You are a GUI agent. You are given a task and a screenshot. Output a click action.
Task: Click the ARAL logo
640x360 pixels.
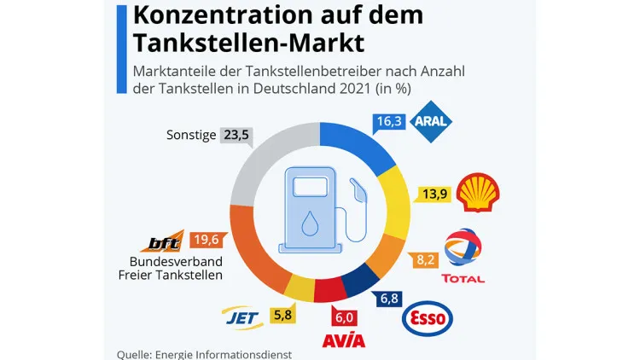coord(430,121)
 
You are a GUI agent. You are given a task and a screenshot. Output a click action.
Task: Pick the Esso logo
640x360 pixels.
coord(427,317)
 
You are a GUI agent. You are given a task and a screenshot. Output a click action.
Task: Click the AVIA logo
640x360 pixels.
coord(344,340)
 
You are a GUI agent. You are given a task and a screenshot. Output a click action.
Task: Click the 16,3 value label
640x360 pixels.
coord(389,122)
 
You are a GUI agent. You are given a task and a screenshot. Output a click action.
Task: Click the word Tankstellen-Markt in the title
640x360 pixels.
coord(248,42)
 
